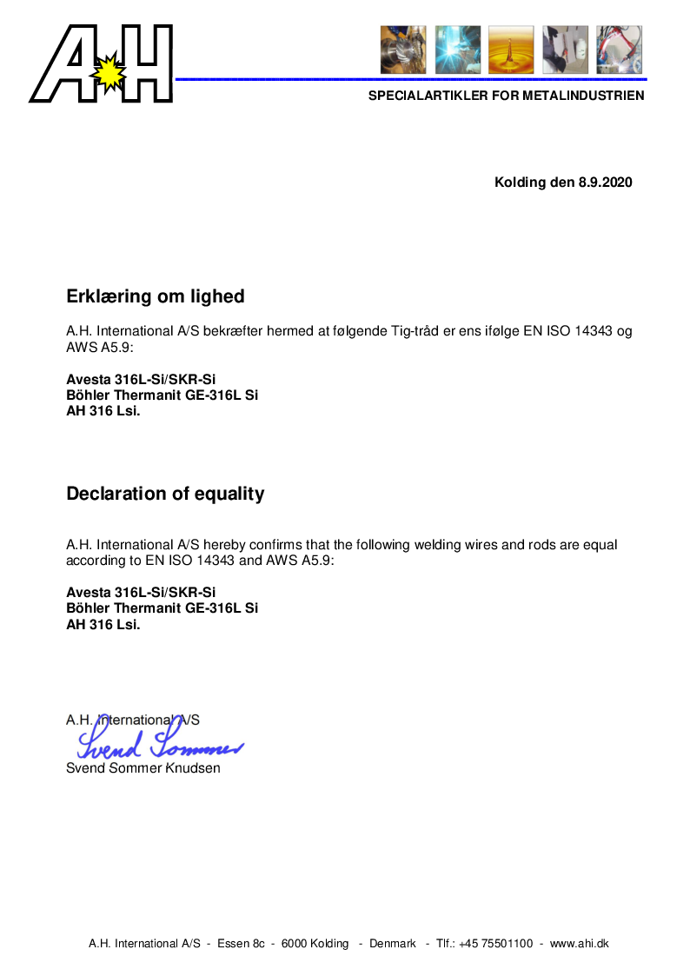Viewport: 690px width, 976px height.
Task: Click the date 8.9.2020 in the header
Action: (605, 183)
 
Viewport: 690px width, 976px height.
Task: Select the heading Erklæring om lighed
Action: (156, 296)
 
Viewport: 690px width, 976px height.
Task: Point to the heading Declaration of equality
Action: (165, 494)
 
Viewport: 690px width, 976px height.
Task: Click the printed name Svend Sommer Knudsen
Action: (143, 768)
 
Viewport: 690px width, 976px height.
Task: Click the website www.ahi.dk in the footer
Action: (580, 944)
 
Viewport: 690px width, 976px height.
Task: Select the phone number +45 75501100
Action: (495, 944)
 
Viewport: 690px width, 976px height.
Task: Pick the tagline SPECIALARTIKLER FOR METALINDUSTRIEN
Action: (506, 96)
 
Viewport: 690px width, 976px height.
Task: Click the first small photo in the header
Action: (403, 50)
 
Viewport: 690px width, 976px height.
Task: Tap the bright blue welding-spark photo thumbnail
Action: (457, 50)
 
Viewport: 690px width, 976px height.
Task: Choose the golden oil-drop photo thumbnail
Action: (511, 50)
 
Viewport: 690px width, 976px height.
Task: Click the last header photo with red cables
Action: (619, 50)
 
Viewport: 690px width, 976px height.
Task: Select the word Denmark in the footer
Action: (393, 944)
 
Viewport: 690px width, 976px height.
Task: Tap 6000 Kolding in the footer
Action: (316, 944)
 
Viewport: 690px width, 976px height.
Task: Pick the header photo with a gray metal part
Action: (565, 50)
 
